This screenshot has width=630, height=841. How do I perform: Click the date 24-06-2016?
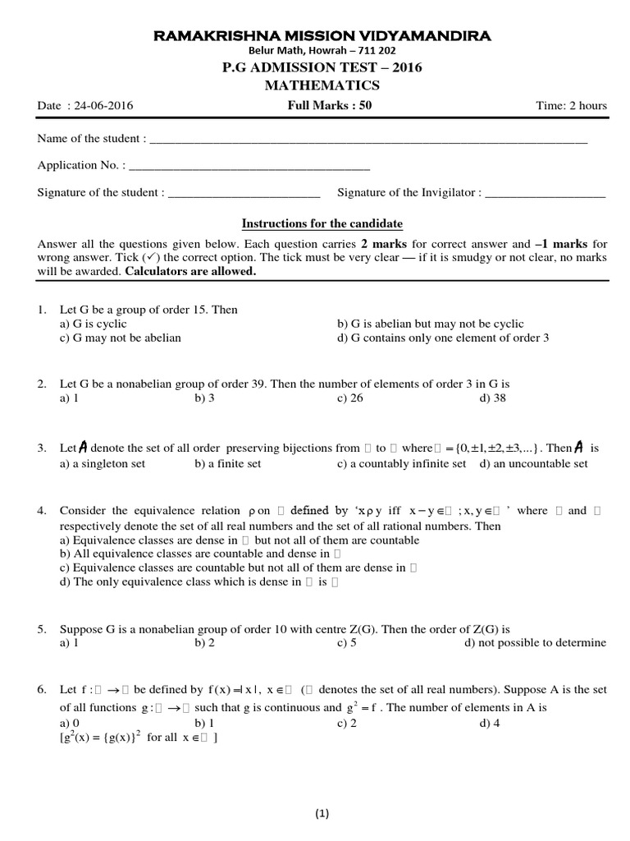pyautogui.click(x=103, y=105)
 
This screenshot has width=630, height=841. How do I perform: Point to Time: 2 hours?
pyautogui.click(x=570, y=105)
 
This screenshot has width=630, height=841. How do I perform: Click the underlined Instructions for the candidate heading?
pyautogui.click(x=321, y=223)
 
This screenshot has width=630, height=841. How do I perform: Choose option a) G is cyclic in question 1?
pyautogui.click(x=94, y=324)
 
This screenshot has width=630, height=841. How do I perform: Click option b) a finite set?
pyautogui.click(x=228, y=464)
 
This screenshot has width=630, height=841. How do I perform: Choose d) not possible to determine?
pyautogui.click(x=535, y=642)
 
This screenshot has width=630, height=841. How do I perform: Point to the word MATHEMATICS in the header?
pyautogui.click(x=321, y=85)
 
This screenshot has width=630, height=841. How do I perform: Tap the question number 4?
pyautogui.click(x=42, y=510)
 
